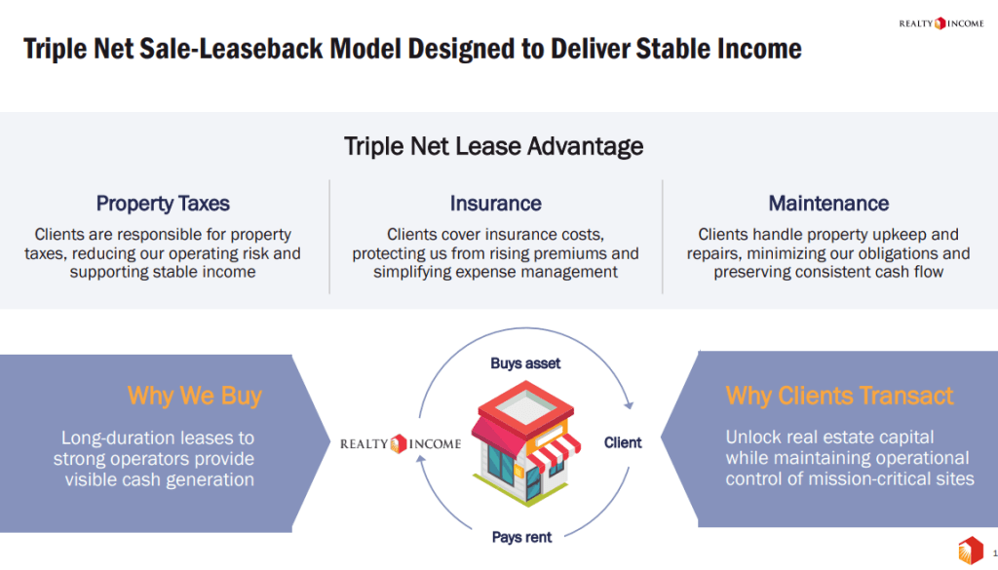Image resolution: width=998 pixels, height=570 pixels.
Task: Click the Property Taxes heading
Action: [163, 204]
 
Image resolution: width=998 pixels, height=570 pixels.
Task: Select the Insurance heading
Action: [495, 204]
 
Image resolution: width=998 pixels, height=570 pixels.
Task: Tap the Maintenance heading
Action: [828, 204]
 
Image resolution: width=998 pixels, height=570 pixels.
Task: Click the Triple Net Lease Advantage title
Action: [493, 146]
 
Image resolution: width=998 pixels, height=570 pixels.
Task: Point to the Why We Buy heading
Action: [194, 396]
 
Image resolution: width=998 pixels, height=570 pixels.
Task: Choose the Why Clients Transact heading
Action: [839, 396]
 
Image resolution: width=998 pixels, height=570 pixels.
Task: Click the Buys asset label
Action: [525, 363]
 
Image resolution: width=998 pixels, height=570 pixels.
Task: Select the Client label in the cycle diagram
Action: [623, 442]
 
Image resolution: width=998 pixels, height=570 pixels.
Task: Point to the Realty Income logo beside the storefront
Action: [401, 443]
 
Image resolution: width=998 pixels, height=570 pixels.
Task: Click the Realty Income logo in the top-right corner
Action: [940, 23]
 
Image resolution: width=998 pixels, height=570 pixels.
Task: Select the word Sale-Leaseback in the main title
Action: [243, 48]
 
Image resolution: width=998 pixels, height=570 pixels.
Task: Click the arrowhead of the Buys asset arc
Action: [631, 403]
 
